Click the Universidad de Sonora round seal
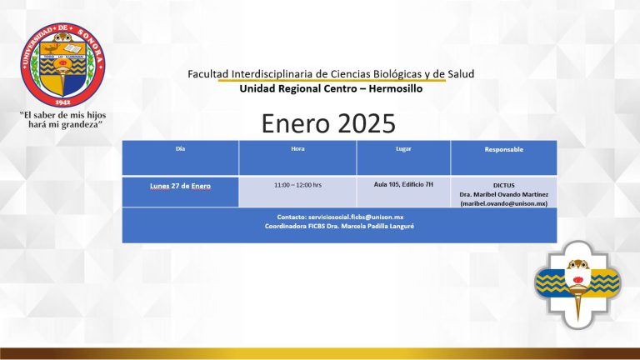[x=62, y=65]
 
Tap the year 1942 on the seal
[x=62, y=102]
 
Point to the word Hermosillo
[x=396, y=88]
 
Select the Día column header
[x=180, y=149]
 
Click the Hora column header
[x=297, y=149]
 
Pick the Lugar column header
[x=403, y=149]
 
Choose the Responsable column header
[x=503, y=149]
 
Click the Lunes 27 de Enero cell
[x=180, y=186]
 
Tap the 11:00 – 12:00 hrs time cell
[x=297, y=185]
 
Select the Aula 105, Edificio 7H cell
[x=403, y=184]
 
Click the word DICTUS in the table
[x=503, y=185]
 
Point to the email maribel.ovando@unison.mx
[x=503, y=203]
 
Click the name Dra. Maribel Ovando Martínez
[x=503, y=194]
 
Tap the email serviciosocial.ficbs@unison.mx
[x=356, y=217]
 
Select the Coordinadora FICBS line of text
[x=339, y=226]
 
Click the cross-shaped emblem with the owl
[x=577, y=284]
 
